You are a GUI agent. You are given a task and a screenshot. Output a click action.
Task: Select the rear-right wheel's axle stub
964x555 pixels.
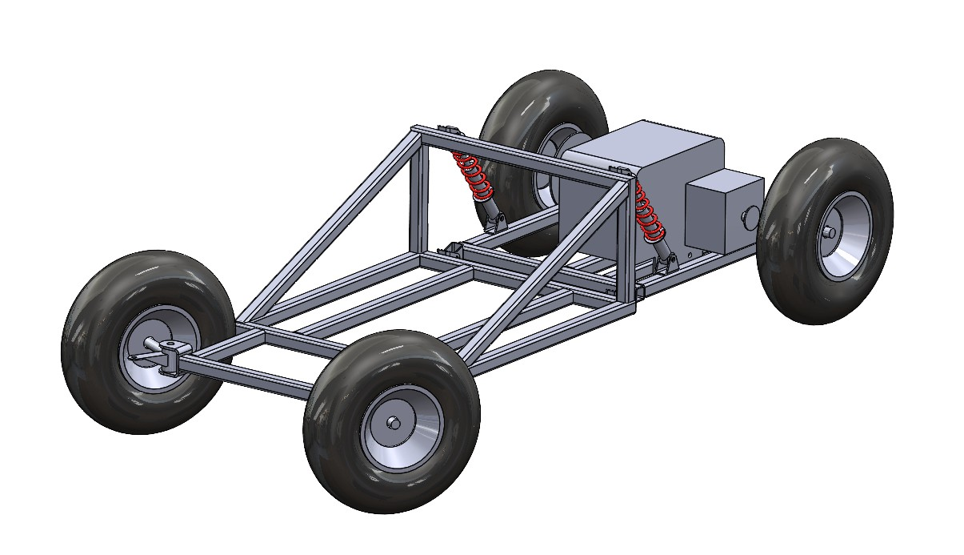pyautogui.click(x=830, y=232)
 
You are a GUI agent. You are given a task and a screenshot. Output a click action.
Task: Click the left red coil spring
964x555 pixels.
pyautogui.click(x=473, y=177)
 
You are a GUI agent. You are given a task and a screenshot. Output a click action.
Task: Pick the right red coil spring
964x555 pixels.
pyautogui.click(x=649, y=213)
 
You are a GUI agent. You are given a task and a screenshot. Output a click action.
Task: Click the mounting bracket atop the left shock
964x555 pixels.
pyautogui.click(x=448, y=130)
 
